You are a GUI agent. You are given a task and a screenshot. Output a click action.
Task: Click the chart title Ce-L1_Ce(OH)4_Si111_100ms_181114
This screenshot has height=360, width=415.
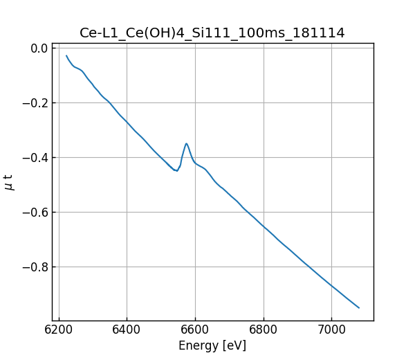pyautogui.click(x=212, y=33)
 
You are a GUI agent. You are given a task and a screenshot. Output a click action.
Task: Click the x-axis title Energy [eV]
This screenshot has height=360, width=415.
pyautogui.click(x=212, y=345)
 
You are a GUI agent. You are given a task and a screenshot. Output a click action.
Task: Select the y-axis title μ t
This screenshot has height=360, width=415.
pyautogui.click(x=9, y=181)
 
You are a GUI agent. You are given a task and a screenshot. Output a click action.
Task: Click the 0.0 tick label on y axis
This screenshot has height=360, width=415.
pyautogui.click(x=39, y=48)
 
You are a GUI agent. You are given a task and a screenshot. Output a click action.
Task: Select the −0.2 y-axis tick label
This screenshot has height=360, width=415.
pyautogui.click(x=35, y=103)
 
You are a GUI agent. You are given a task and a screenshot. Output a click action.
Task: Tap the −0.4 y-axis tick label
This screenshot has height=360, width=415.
pyautogui.click(x=35, y=158)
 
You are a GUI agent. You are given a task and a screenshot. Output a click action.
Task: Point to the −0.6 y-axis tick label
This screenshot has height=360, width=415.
pyautogui.click(x=35, y=213)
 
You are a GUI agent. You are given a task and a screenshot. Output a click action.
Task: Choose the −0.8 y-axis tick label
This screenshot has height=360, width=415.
pyautogui.click(x=35, y=267)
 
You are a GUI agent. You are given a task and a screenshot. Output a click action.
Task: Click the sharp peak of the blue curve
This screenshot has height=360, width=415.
pyautogui.click(x=186, y=143)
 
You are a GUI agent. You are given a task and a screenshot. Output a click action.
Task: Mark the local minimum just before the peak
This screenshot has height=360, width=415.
pyautogui.click(x=177, y=170)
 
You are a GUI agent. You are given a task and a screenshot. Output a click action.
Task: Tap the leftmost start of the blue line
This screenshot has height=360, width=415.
pyautogui.click(x=66, y=55)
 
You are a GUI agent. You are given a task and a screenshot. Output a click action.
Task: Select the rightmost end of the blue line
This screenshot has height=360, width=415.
pyautogui.click(x=359, y=307)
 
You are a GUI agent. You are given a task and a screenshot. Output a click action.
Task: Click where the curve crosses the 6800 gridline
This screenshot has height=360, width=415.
pyautogui.click(x=264, y=226)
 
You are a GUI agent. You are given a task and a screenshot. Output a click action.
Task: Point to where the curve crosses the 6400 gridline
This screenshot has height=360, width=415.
pyautogui.click(x=127, y=123)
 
